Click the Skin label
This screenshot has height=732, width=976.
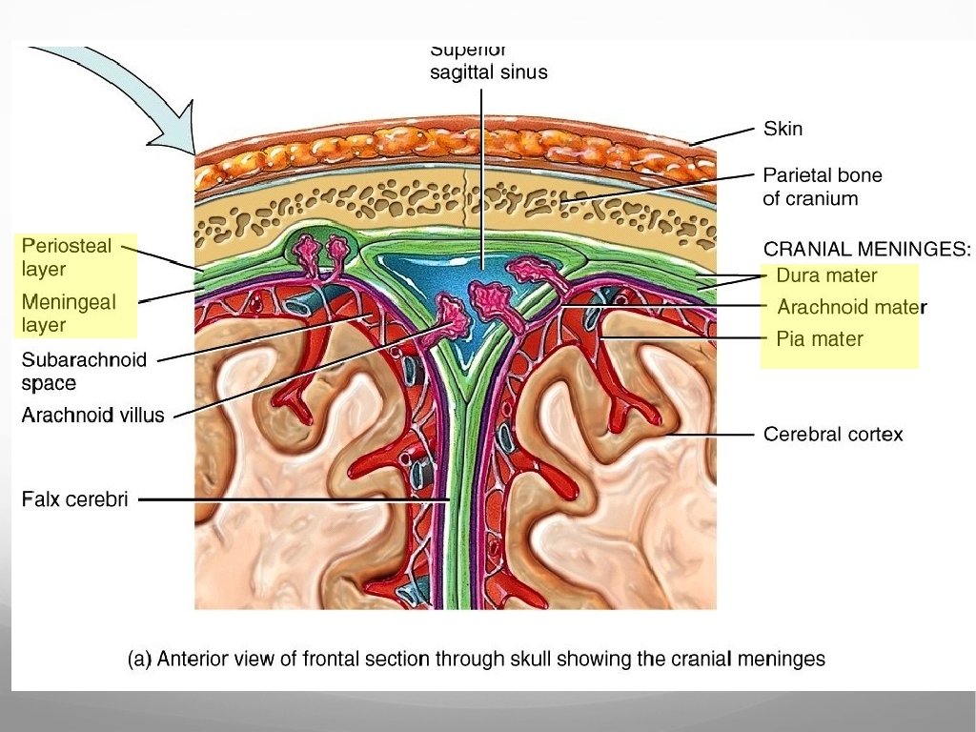[x=783, y=128]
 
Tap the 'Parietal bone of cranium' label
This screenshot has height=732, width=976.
[x=822, y=187]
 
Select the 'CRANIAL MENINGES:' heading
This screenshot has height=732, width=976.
[x=867, y=250]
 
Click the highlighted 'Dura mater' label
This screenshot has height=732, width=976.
[x=826, y=275]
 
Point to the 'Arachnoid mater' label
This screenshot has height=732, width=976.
[x=851, y=307]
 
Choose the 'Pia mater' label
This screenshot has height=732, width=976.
[x=820, y=338]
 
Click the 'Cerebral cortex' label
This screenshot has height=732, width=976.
[x=833, y=435]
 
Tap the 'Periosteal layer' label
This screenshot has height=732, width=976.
[x=66, y=257]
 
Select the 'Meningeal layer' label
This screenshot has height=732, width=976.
[x=68, y=314]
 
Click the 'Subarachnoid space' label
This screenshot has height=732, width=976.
[x=84, y=372]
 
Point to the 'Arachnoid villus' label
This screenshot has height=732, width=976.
[x=92, y=416]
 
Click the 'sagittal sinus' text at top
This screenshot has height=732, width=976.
[x=489, y=71]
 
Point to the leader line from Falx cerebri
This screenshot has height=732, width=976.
[x=286, y=498]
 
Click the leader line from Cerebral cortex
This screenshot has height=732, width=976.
[x=715, y=435]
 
